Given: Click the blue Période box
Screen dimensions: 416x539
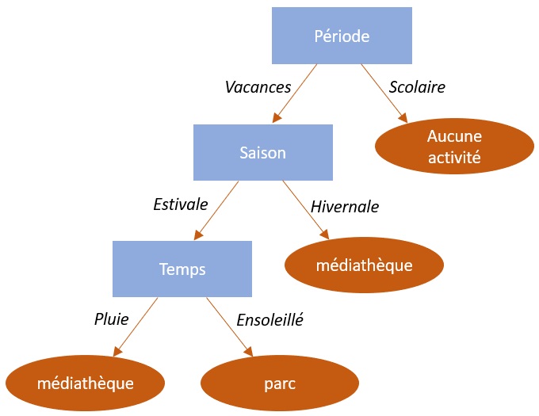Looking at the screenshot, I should click(x=342, y=36).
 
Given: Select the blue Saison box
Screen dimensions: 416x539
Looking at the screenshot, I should click(x=262, y=152).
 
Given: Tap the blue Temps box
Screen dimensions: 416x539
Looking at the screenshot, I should click(x=182, y=269).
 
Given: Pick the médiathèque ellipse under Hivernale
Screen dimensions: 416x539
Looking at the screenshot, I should click(x=364, y=265).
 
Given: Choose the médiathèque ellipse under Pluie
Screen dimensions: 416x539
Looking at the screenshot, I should click(x=85, y=384).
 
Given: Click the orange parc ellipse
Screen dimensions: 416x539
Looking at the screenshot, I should click(x=280, y=384).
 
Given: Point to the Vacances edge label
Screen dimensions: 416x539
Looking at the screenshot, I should click(x=258, y=87).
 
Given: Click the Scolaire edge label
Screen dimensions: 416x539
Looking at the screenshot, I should click(x=418, y=87).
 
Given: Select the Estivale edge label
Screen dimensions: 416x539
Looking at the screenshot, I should click(x=180, y=204).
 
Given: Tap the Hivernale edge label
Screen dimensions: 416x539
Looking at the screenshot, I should click(x=345, y=207).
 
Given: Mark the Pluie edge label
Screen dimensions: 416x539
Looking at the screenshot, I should click(x=111, y=320).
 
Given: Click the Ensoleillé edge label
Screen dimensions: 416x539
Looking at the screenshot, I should click(x=270, y=320).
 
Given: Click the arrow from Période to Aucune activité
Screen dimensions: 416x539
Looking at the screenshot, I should click(x=384, y=93).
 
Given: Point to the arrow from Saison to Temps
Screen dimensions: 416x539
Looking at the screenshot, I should click(x=215, y=210).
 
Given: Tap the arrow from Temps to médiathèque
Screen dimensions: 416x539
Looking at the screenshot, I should click(x=136, y=326).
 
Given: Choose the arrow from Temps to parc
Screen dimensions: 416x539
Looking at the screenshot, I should click(x=229, y=326).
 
